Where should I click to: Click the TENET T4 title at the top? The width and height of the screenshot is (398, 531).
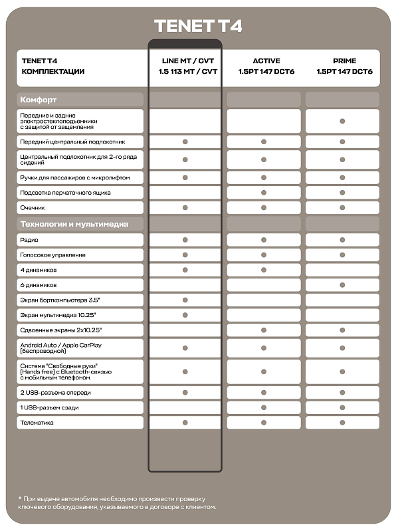(x=198, y=26)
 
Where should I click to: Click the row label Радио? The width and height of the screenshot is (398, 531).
(x=30, y=240)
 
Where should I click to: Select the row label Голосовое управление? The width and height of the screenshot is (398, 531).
(x=53, y=255)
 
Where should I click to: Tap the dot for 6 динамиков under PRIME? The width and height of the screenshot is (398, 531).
(x=342, y=284)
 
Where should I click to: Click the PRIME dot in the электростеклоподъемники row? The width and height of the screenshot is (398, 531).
(x=342, y=121)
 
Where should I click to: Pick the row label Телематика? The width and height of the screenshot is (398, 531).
(x=37, y=423)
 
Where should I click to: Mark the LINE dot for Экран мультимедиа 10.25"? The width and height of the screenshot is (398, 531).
(x=185, y=315)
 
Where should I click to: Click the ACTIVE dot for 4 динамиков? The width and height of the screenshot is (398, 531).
(x=264, y=270)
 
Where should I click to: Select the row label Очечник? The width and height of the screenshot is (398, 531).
(x=33, y=208)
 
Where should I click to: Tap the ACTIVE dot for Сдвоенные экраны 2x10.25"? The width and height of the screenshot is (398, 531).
(x=264, y=330)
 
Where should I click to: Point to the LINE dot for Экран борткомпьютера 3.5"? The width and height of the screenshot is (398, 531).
(x=185, y=300)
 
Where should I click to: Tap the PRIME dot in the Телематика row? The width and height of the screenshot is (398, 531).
(x=342, y=423)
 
